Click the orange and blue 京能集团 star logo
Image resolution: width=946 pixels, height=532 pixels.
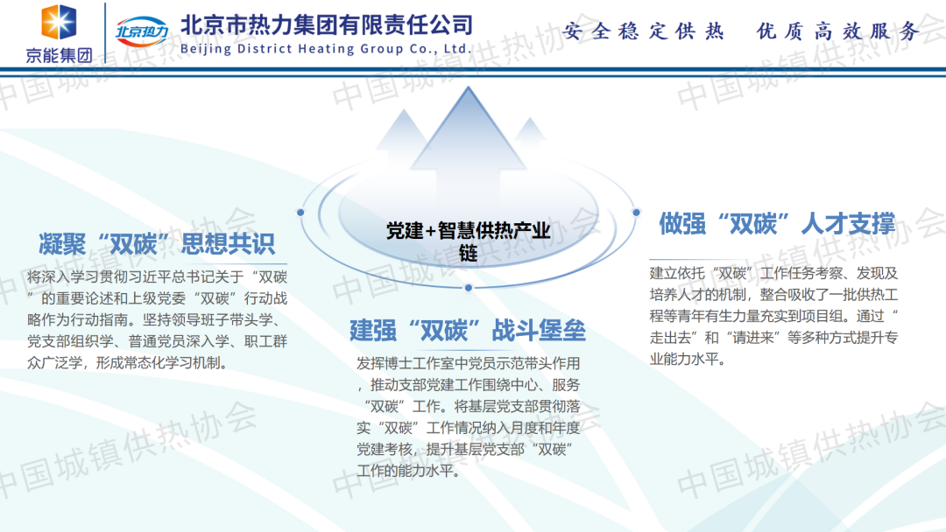(59, 22)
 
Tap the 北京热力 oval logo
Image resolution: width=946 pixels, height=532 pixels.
(142, 31)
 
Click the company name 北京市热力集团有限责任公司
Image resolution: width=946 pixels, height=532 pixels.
(327, 25)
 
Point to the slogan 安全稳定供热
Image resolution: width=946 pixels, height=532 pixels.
(643, 30)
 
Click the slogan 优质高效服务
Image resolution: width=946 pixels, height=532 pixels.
(838, 30)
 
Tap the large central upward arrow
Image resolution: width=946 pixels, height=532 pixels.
(468, 138)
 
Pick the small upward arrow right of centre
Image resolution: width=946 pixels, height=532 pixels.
(530, 136)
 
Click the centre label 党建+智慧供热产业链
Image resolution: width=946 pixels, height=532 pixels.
(468, 241)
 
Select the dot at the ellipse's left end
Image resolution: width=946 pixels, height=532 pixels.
(300, 212)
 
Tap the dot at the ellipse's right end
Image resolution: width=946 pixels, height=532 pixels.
(636, 212)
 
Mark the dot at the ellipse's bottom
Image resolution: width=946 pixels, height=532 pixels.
(468, 288)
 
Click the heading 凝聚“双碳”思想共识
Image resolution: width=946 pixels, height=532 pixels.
(157, 244)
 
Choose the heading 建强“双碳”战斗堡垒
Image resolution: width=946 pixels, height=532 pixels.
(468, 331)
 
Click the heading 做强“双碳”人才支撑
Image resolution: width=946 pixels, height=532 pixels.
(777, 223)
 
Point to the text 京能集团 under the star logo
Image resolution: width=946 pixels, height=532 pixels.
(60, 55)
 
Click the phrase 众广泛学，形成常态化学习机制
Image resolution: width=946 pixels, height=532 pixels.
(127, 363)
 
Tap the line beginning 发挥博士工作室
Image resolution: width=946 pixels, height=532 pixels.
(468, 363)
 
